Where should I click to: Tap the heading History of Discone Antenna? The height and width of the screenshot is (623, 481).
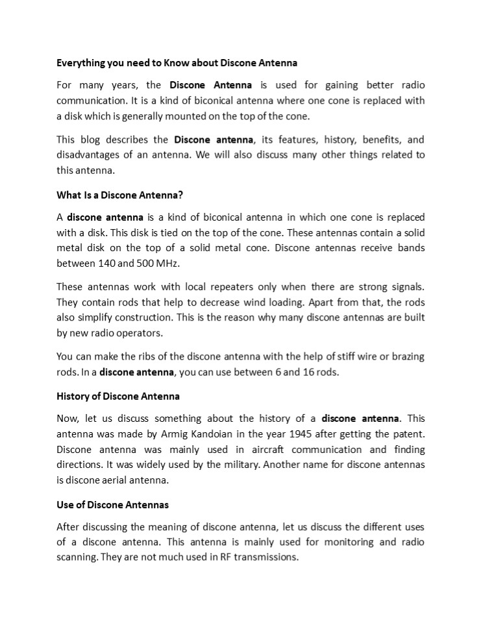pyautogui.click(x=117, y=395)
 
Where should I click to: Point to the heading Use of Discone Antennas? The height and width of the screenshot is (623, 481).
pyautogui.click(x=112, y=504)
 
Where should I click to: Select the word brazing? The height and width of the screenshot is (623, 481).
pyautogui.click(x=406, y=356)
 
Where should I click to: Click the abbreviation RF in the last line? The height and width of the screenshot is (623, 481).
pyautogui.click(x=219, y=557)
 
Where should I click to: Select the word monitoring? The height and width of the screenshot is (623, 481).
pyautogui.click(x=349, y=541)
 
